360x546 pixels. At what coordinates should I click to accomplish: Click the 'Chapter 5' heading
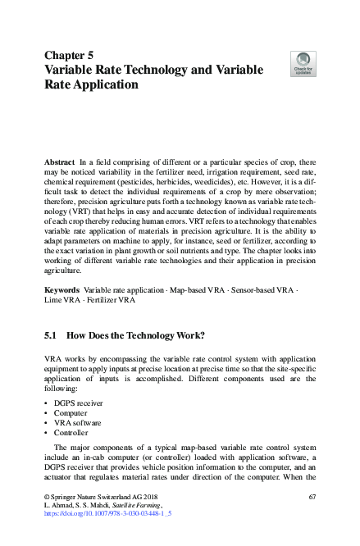point(73,55)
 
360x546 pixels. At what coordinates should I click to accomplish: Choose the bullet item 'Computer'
point(71,412)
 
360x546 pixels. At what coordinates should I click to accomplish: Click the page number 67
point(312,498)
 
